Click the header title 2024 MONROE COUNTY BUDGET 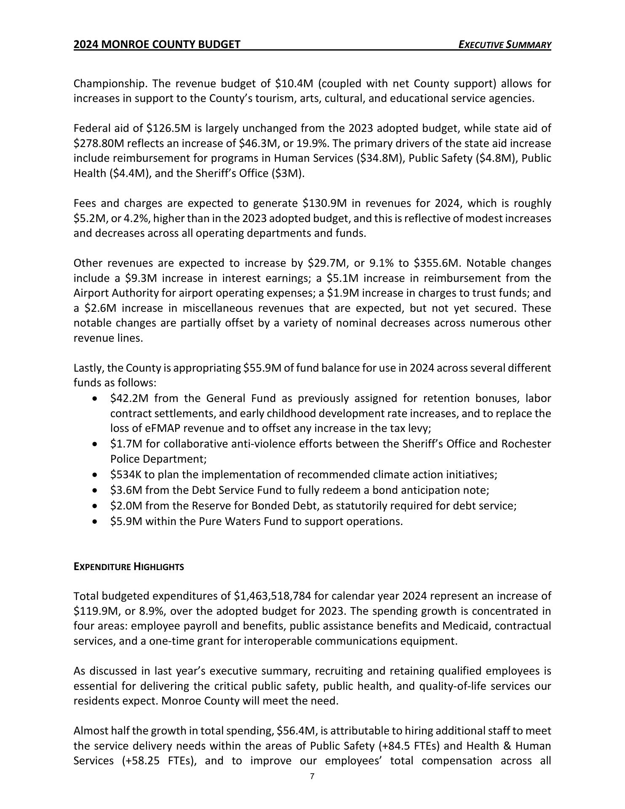157,45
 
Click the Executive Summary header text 505,45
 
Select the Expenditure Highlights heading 128,567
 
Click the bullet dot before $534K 96,475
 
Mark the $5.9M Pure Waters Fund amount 126,522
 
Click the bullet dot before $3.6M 96,491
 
